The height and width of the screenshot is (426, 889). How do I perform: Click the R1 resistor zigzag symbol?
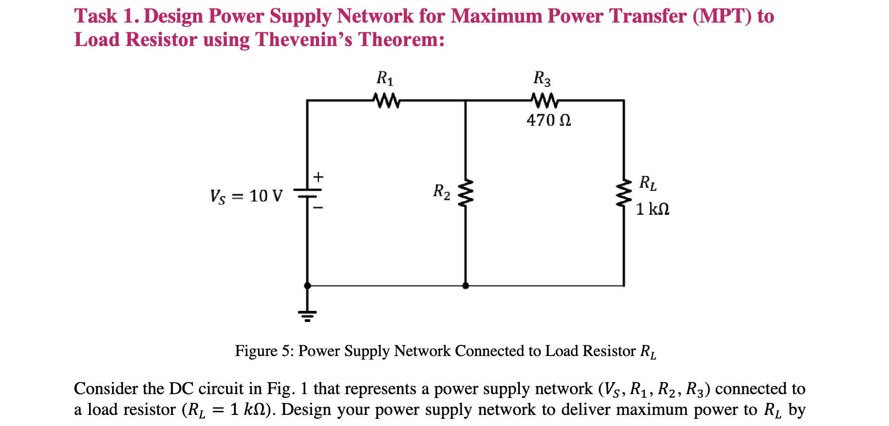(387, 101)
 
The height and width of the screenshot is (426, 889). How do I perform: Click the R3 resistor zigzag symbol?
(544, 101)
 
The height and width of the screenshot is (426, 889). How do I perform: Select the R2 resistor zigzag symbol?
(465, 193)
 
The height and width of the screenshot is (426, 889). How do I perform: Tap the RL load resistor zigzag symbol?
(624, 193)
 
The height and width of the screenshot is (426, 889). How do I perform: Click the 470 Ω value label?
(549, 120)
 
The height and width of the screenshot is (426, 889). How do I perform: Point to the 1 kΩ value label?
(652, 209)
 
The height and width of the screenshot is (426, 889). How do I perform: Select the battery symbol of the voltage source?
(307, 194)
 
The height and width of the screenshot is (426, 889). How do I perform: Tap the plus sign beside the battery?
(318, 178)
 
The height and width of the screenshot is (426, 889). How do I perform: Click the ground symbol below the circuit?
(307, 316)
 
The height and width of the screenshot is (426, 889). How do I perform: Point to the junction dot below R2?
(465, 286)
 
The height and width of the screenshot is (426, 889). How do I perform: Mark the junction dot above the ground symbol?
(307, 286)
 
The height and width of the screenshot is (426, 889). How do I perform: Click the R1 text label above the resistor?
(385, 79)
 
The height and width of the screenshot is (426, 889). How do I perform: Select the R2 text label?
(441, 192)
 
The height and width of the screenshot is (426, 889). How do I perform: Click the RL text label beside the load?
(647, 183)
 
